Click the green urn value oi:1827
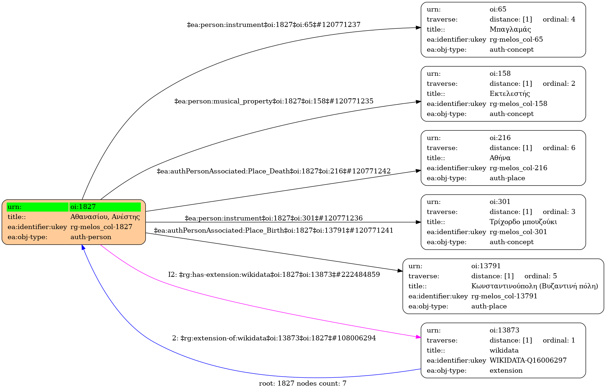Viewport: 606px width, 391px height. pos(83,207)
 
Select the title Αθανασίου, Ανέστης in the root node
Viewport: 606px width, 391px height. pos(105,217)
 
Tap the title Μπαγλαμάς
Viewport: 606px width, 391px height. pos(510,29)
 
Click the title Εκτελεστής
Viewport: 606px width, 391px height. pos(510,94)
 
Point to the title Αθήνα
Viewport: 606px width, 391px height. pos(500,158)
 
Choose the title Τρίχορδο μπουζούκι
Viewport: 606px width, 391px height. pos(523,222)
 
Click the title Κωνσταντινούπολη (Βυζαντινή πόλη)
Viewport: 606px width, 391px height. pos(535,286)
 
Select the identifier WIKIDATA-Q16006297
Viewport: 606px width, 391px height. pos(528,360)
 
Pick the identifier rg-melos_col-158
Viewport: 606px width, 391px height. pos(518,104)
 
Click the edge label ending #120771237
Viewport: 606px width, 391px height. pos(274,25)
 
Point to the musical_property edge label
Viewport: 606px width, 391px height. pos(274,101)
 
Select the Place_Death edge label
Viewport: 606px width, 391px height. pos(274,171)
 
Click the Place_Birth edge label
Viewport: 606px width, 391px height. pos(274,231)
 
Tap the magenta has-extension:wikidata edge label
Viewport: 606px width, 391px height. pos(274,275)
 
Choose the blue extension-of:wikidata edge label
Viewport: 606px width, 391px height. pos(274,338)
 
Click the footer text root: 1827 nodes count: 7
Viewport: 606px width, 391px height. pos(302,383)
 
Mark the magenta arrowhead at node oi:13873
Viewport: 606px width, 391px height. pos(418,337)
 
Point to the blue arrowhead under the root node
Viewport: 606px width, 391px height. pos(83,247)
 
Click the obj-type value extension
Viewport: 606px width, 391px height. pos(506,371)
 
